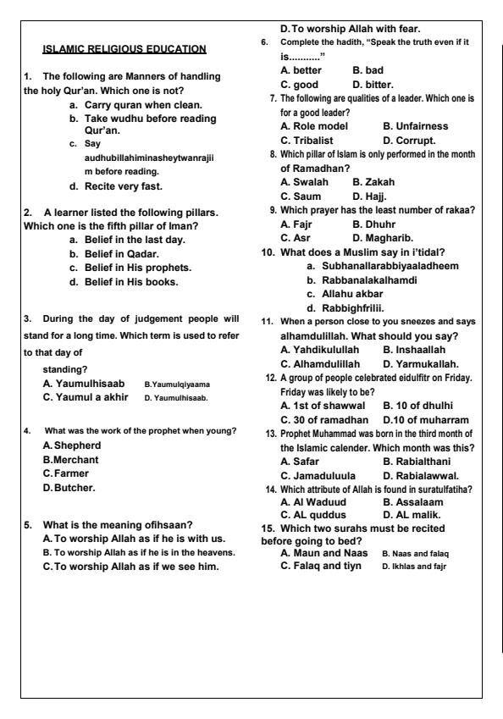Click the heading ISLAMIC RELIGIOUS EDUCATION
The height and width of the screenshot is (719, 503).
point(125,48)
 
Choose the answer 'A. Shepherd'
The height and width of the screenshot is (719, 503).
point(75,445)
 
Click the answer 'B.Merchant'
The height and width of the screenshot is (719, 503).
point(73,459)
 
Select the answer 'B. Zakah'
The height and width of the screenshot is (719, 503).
point(373,181)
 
